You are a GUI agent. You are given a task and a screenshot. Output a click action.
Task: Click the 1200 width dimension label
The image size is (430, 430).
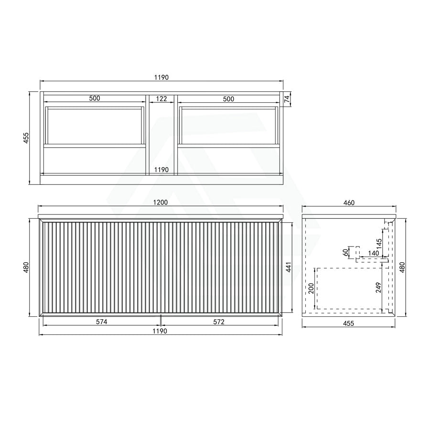(x=161, y=203)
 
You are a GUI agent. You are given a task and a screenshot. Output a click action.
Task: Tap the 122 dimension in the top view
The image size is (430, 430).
(x=161, y=98)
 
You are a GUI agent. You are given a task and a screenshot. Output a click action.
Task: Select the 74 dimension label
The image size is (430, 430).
(x=287, y=99)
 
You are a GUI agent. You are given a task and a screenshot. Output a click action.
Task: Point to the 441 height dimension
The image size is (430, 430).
(x=289, y=267)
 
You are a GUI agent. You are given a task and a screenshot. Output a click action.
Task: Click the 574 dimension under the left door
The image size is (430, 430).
(x=101, y=322)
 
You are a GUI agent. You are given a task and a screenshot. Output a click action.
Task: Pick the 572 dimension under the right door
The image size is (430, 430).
(x=219, y=322)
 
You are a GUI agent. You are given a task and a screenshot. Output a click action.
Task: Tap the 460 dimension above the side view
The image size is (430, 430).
(x=349, y=203)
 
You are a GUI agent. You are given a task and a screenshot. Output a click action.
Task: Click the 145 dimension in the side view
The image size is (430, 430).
(x=379, y=244)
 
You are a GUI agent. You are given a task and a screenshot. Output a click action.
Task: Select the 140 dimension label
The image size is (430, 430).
(x=373, y=253)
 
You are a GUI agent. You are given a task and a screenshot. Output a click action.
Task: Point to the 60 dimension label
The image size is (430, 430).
(x=346, y=252)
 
